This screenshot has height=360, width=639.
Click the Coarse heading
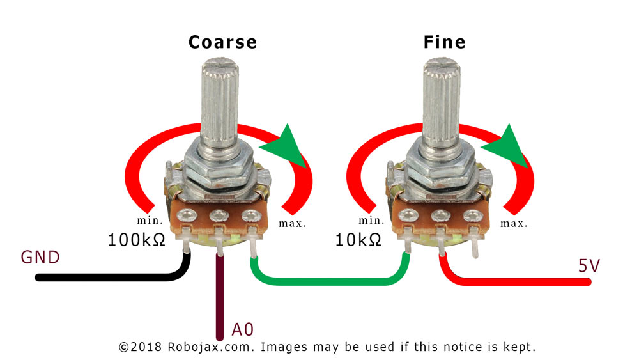(222, 42)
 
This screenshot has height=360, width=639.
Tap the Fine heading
(444, 42)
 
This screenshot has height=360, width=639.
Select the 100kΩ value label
(137, 240)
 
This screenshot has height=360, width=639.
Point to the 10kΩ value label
(358, 240)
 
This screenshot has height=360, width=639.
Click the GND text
(40, 257)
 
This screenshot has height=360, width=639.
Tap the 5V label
(589, 266)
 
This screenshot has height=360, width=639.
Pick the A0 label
(242, 329)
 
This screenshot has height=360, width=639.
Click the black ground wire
(122, 278)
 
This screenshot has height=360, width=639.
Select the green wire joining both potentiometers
(330, 281)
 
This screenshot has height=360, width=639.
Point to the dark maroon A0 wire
(220, 297)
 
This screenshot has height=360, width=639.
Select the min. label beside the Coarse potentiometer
(150, 221)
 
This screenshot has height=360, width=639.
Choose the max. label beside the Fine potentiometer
(514, 223)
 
